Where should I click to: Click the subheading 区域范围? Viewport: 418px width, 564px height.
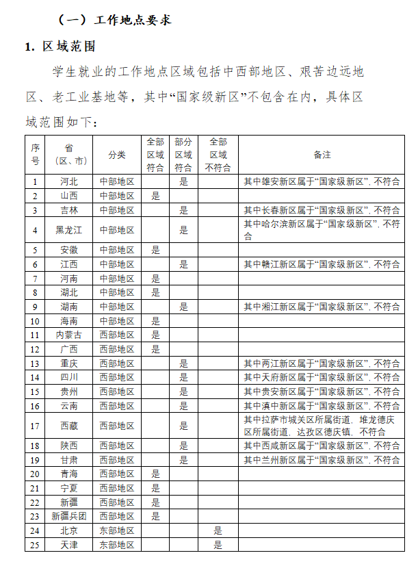[x=68, y=47]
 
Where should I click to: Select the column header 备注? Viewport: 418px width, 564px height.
[x=322, y=155]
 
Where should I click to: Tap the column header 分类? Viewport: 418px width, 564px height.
[x=116, y=155]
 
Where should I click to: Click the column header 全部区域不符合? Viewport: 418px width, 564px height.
[x=218, y=155]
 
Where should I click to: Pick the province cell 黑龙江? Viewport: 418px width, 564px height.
[x=68, y=230]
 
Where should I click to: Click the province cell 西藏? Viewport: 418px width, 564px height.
[x=68, y=426]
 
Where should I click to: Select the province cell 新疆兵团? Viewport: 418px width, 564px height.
[x=68, y=516]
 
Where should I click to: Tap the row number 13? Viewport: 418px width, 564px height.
[x=35, y=363]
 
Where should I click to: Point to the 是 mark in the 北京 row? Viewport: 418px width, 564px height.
[x=218, y=530]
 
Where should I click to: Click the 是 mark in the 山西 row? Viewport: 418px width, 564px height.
[x=155, y=196]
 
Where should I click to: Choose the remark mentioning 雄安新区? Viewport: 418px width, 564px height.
[x=322, y=182]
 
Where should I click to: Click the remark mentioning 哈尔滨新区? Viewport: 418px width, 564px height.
[x=322, y=230]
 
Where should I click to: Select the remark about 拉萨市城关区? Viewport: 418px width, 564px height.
[x=322, y=426]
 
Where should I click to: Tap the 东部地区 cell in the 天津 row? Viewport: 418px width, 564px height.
[x=116, y=545]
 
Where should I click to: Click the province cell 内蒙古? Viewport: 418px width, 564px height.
[x=68, y=335]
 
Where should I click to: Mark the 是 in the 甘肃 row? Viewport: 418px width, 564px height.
[x=183, y=460]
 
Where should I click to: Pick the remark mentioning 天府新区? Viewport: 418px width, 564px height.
[x=322, y=377]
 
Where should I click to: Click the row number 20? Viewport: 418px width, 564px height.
[x=35, y=474]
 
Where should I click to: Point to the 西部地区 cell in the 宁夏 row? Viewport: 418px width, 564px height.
[x=116, y=488]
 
